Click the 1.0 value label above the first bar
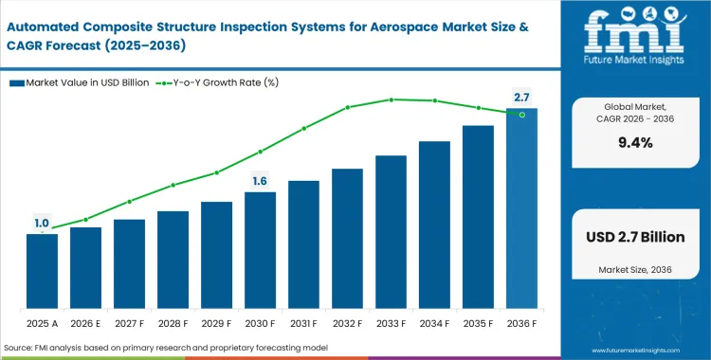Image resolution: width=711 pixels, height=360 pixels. pyautogui.click(x=42, y=224)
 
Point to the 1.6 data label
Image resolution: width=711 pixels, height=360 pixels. pyautogui.click(x=260, y=181)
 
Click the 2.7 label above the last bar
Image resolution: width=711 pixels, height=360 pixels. pyautogui.click(x=521, y=98)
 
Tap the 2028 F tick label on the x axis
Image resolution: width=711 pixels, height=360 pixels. pyautogui.click(x=173, y=323)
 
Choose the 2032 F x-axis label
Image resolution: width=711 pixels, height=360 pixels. pyautogui.click(x=347, y=323)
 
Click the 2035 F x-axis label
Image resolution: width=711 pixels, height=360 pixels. pyautogui.click(x=478, y=323)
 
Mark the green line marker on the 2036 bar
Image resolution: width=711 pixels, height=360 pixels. pyautogui.click(x=521, y=114)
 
